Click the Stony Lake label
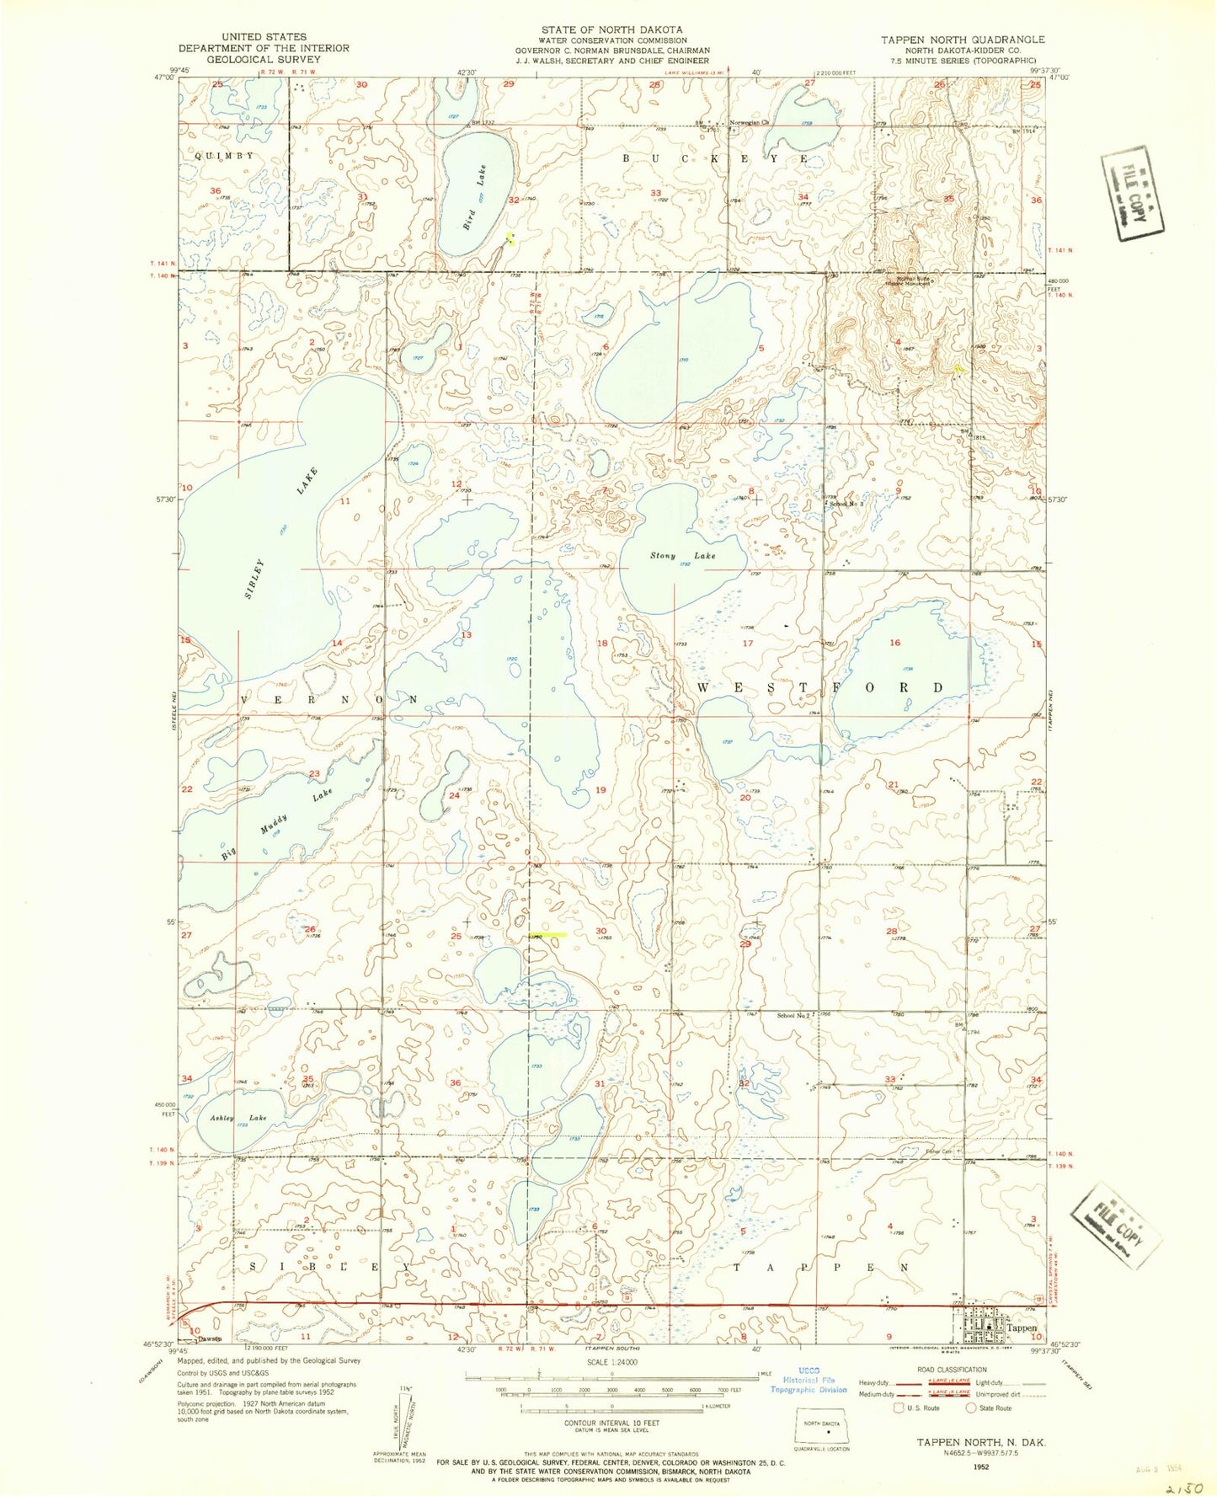682,555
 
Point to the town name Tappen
1022,1328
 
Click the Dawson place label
206,1338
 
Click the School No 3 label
846,504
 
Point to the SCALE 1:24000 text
611,1362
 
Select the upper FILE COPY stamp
1133,194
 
